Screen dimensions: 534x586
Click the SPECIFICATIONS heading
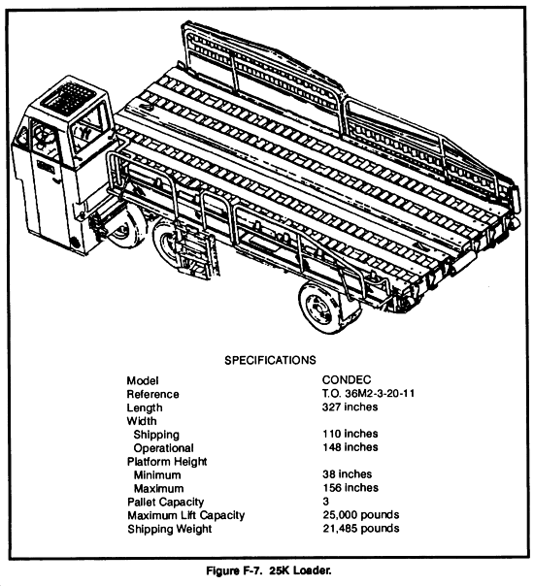click(270, 360)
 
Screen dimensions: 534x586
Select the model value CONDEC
click(347, 379)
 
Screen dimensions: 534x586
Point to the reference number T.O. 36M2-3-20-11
click(368, 393)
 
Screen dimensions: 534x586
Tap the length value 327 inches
click(350, 407)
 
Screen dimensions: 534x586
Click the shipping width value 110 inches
click(350, 434)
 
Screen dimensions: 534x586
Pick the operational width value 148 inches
click(350, 447)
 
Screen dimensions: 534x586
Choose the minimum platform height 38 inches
click(347, 473)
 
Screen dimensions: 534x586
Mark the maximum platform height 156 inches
click(350, 487)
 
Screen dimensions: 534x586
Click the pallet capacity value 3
click(325, 501)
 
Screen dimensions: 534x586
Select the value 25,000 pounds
click(361, 514)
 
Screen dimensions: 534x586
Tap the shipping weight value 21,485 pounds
click(361, 528)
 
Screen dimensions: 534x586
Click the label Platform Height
click(167, 462)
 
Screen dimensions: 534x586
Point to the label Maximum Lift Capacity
click(185, 515)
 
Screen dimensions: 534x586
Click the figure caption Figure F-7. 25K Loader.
click(269, 570)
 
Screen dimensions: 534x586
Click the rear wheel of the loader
click(320, 308)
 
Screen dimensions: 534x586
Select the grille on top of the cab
click(68, 97)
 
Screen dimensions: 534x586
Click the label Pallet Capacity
click(165, 502)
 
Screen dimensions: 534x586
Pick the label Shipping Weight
click(169, 529)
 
